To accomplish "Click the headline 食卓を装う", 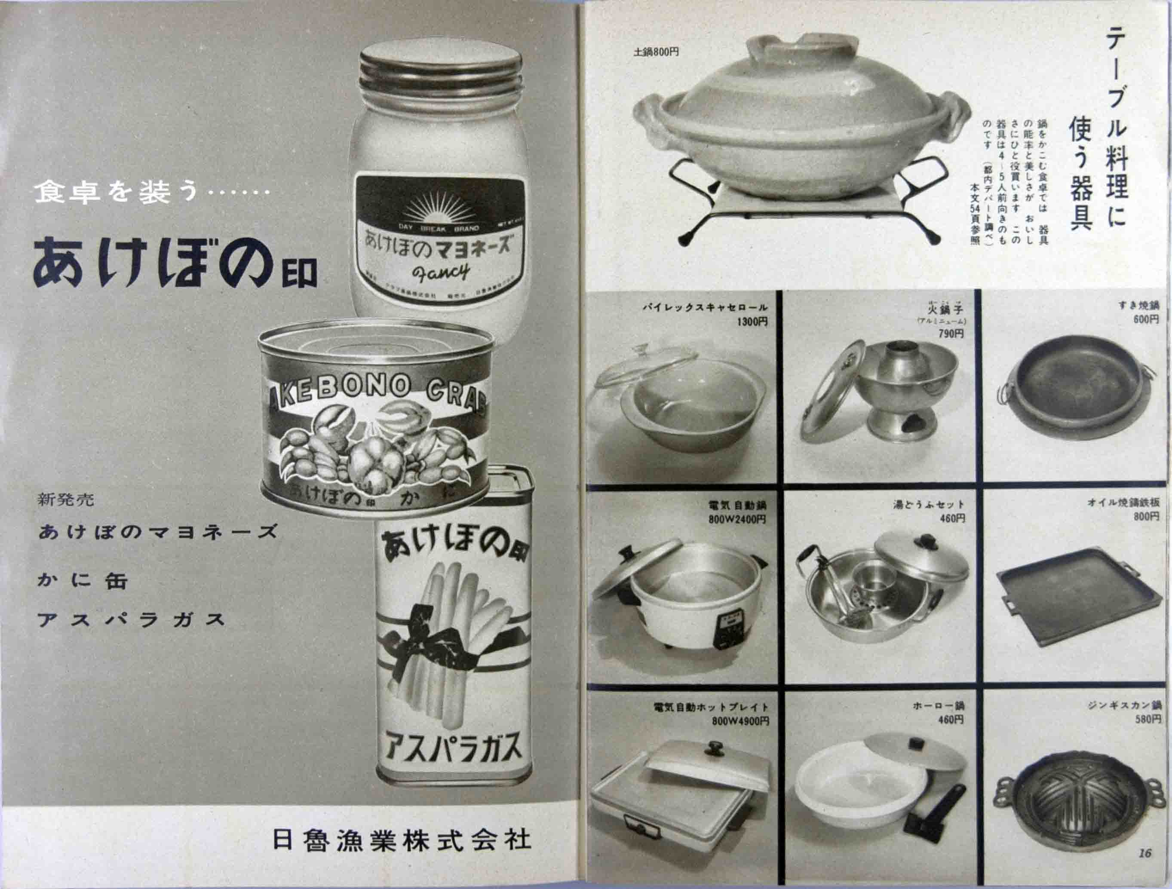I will pos(117,191).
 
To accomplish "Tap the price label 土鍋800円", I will pos(656,52).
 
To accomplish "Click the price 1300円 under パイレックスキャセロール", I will pos(752,322).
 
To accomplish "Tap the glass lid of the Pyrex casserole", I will pos(641,365).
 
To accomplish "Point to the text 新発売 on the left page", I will pos(66,500).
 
